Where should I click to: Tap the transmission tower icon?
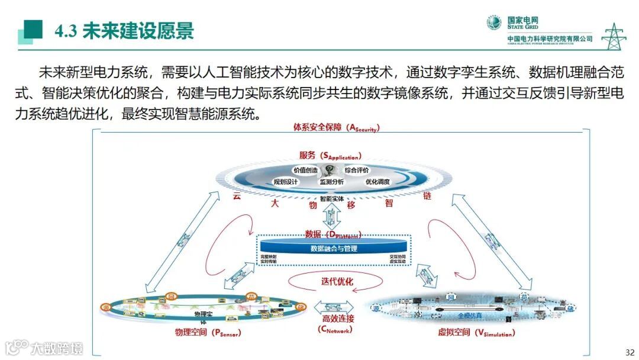[x=614, y=37]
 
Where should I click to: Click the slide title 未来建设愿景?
[x=138, y=31]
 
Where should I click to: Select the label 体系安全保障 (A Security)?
[x=335, y=127]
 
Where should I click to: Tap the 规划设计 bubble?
[x=286, y=182]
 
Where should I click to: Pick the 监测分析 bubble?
[x=332, y=182]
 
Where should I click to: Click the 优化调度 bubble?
[x=377, y=182]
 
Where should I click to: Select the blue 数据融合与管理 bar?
[x=334, y=249]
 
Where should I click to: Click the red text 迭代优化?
[x=337, y=281]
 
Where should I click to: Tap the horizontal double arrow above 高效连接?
[x=334, y=306]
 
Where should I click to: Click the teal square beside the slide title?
[x=32, y=30]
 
